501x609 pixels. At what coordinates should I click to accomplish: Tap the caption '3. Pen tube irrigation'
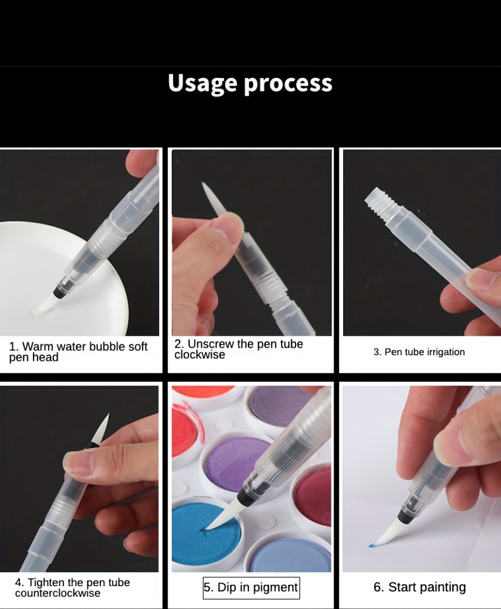419,352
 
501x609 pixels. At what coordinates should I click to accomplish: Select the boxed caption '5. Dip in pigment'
251,587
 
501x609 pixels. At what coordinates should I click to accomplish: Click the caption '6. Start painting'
419,587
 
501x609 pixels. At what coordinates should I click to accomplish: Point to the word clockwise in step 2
200,355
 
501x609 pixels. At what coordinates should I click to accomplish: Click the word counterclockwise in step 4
58,593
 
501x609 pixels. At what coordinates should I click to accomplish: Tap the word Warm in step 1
37,346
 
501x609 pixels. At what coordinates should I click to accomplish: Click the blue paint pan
206,531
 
